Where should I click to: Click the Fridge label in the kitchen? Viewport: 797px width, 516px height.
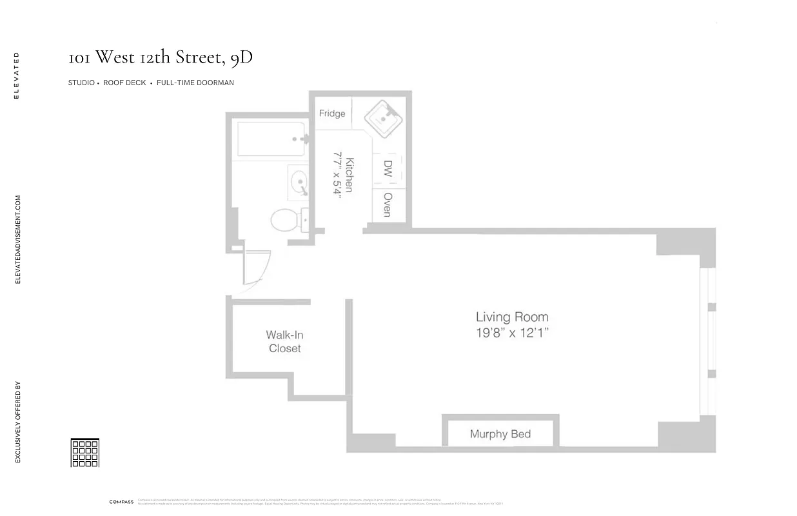[332, 114]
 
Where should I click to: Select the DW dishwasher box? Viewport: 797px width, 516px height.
[388, 169]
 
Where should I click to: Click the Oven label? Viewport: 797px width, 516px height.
[388, 204]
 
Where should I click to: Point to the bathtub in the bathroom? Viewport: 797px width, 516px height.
[270, 139]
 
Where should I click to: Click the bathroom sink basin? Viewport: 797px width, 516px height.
[299, 181]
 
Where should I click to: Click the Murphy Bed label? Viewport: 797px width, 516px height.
[500, 433]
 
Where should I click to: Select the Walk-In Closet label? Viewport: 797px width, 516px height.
[284, 341]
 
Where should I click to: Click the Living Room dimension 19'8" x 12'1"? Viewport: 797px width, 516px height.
[512, 333]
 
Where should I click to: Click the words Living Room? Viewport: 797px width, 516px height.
[512, 317]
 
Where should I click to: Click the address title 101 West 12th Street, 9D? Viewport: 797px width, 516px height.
[161, 57]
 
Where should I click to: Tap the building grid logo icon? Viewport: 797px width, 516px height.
[84, 452]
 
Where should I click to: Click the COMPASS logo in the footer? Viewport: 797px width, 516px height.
[121, 502]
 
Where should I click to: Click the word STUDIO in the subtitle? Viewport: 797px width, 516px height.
[81, 83]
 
